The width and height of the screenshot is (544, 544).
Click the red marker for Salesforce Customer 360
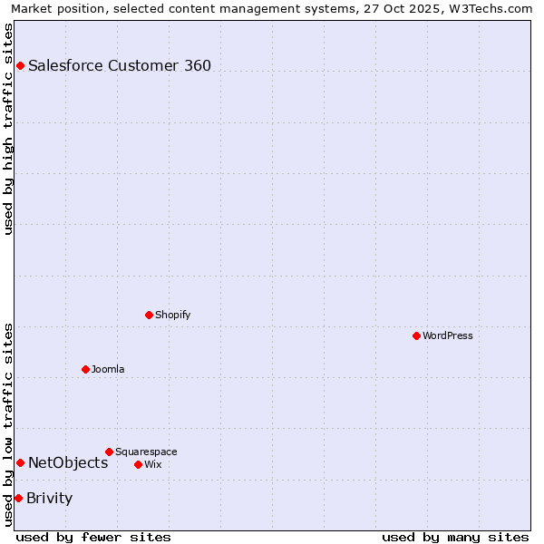20,65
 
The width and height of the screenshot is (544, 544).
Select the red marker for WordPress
416,335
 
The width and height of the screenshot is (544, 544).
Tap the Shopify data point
149,315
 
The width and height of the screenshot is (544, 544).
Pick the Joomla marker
85,369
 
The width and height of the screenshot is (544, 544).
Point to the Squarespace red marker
109,452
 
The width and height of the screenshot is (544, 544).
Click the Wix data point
138,464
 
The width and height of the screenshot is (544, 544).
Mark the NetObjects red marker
20,462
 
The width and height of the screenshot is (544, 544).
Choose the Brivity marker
18,498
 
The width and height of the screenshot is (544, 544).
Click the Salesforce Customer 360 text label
120,65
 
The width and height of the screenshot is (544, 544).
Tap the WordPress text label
448,335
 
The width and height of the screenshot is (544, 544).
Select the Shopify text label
172,315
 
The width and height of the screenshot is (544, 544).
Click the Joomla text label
108,369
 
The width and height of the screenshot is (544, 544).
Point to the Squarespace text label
146,452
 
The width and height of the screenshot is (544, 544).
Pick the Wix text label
153,464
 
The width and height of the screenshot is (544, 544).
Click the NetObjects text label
68,462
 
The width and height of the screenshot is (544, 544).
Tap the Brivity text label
50,498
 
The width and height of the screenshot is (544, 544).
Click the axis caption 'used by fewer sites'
93,537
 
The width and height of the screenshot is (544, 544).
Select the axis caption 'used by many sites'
455,537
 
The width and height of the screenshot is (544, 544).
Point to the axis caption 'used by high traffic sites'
8,129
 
